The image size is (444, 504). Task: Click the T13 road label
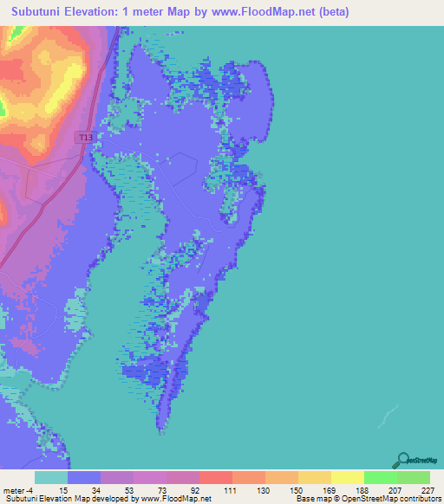(x=85, y=137)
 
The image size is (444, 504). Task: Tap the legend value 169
(x=318, y=489)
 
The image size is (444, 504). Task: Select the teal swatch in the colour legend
(x=51, y=477)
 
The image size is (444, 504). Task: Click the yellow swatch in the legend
(x=347, y=477)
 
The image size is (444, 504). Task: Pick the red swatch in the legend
(x=215, y=477)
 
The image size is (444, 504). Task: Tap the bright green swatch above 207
(x=380, y=477)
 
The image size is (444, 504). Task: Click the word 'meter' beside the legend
(x=12, y=489)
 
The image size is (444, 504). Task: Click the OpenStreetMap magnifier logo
(x=402, y=459)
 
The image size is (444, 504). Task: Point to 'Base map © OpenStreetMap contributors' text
(x=367, y=499)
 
